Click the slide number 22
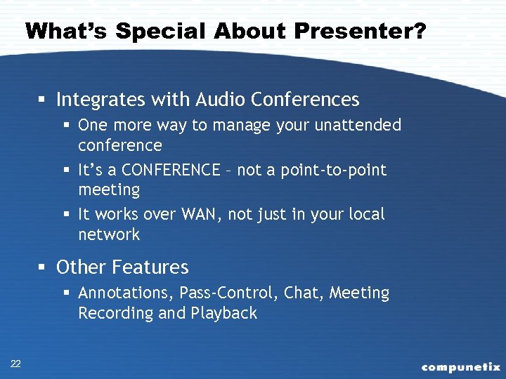coord(15,363)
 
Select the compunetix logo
coord(460,366)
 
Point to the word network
coord(109,234)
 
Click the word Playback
coord(224,313)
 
